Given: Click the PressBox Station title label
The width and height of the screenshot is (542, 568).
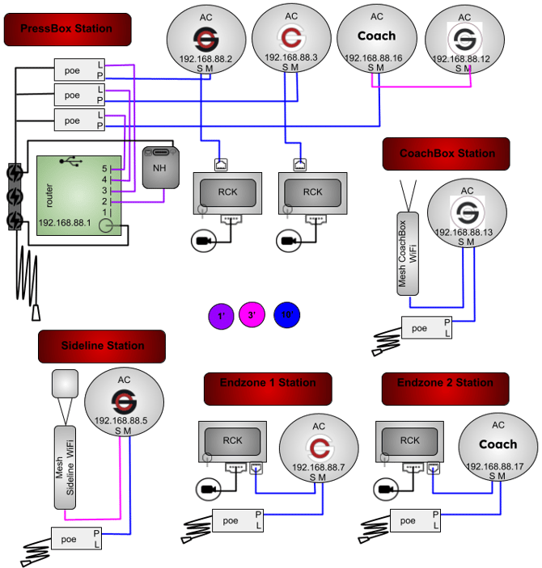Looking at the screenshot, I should tap(67, 29).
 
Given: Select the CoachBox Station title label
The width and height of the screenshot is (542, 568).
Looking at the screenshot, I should tap(447, 154).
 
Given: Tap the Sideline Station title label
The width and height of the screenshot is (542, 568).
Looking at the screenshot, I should tap(102, 346).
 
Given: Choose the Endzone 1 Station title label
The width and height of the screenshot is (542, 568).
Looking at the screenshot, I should tap(267, 383).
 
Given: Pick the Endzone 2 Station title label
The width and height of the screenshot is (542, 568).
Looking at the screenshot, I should tap(445, 383).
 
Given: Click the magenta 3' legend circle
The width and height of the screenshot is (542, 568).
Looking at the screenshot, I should tap(252, 315).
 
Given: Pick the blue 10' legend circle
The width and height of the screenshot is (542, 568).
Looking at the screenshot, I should tap(286, 315).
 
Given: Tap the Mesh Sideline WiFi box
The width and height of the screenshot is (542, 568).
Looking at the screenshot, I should tap(65, 467).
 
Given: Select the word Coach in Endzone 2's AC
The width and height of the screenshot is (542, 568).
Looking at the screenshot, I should tap(498, 444).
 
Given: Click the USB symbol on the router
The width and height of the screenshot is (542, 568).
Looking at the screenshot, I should tap(75, 162).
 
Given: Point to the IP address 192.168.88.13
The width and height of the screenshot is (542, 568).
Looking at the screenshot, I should tap(464, 233).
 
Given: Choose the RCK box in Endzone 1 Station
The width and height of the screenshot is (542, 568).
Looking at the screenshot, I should tap(232, 441).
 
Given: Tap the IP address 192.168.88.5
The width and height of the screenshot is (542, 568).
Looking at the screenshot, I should tap(121, 420).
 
